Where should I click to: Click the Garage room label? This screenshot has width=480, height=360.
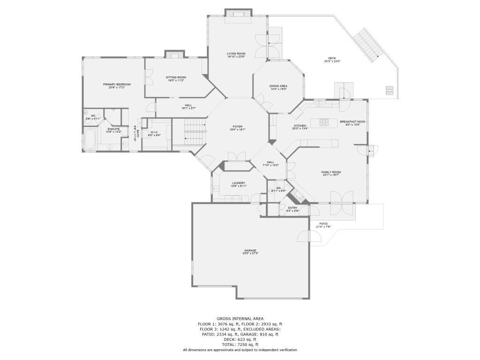pyautogui.click(x=250, y=250)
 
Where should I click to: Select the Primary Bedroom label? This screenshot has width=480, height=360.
pyautogui.click(x=117, y=84)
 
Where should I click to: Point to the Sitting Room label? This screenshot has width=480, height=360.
pyautogui.click(x=176, y=77)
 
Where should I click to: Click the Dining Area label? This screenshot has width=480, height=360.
pyautogui.click(x=278, y=86)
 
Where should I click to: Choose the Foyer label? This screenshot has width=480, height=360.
pyautogui.click(x=238, y=127)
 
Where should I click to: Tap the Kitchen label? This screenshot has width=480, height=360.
pyautogui.click(x=300, y=126)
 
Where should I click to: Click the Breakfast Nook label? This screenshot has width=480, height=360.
pyautogui.click(x=352, y=122)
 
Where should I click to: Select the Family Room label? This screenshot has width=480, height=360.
pyautogui.click(x=331, y=172)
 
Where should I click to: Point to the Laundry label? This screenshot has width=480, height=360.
pyautogui.click(x=238, y=183)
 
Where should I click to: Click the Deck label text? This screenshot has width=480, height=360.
pyautogui.click(x=332, y=59)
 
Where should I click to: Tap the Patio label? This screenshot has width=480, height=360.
pyautogui.click(x=323, y=224)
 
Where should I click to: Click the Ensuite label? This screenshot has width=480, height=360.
pyautogui.click(x=114, y=129)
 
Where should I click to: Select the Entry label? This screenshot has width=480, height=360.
pyautogui.click(x=292, y=208)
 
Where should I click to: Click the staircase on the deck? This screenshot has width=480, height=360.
pyautogui.click(x=368, y=45)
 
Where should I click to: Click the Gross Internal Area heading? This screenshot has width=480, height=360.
pyautogui.click(x=240, y=318)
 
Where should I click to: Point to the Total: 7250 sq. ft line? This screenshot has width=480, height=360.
pyautogui.click(x=240, y=345)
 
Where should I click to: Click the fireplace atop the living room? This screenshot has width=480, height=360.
pyautogui.click(x=238, y=14)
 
